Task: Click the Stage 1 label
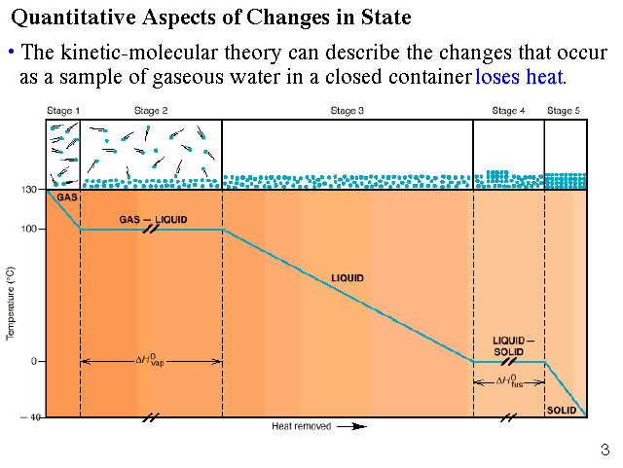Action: click(x=63, y=111)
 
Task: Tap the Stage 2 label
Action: click(x=151, y=111)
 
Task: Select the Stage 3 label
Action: click(x=348, y=111)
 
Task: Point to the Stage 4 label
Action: click(x=508, y=111)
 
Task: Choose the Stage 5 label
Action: click(x=564, y=111)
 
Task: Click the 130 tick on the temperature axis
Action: click(x=30, y=191)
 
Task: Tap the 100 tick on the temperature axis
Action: click(x=30, y=230)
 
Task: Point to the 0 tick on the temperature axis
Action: click(x=33, y=362)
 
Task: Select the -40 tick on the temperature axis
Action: click(x=29, y=416)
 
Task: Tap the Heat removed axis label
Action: click(x=301, y=426)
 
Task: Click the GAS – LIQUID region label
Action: click(x=153, y=218)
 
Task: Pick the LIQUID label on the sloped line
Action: click(x=348, y=278)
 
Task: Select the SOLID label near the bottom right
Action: click(x=561, y=410)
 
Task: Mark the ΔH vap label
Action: click(x=151, y=360)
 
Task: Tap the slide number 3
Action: click(x=605, y=450)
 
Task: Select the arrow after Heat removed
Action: click(x=357, y=426)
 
